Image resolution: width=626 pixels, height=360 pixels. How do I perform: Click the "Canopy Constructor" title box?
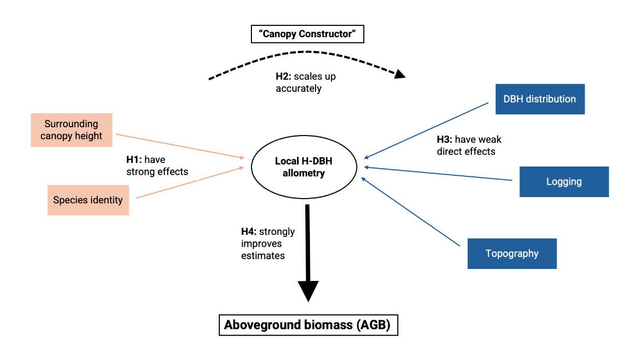pos(307,35)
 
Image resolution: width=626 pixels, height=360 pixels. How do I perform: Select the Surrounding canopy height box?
pos(71,130)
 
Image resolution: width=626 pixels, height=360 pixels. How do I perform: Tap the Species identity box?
pos(88,200)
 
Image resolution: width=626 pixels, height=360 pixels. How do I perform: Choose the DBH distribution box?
pos(540,99)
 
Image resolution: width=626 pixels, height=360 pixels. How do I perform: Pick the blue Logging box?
pos(564,182)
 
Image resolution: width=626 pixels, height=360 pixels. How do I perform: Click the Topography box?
pos(512,253)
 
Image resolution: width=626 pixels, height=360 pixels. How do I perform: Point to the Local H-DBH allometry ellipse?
pos(304,167)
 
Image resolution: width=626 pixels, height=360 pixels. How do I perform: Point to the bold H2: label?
pos(284,77)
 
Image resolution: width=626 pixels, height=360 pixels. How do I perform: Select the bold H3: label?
pos(445,140)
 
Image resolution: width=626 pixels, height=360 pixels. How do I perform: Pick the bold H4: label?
pos(249,232)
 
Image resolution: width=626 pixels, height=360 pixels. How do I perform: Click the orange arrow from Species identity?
pos(189,183)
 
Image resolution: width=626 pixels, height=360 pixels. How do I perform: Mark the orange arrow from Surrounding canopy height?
pos(181,146)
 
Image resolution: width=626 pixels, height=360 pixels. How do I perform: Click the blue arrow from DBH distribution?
pos(427,129)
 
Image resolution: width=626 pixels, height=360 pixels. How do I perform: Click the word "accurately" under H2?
pos(299,88)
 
